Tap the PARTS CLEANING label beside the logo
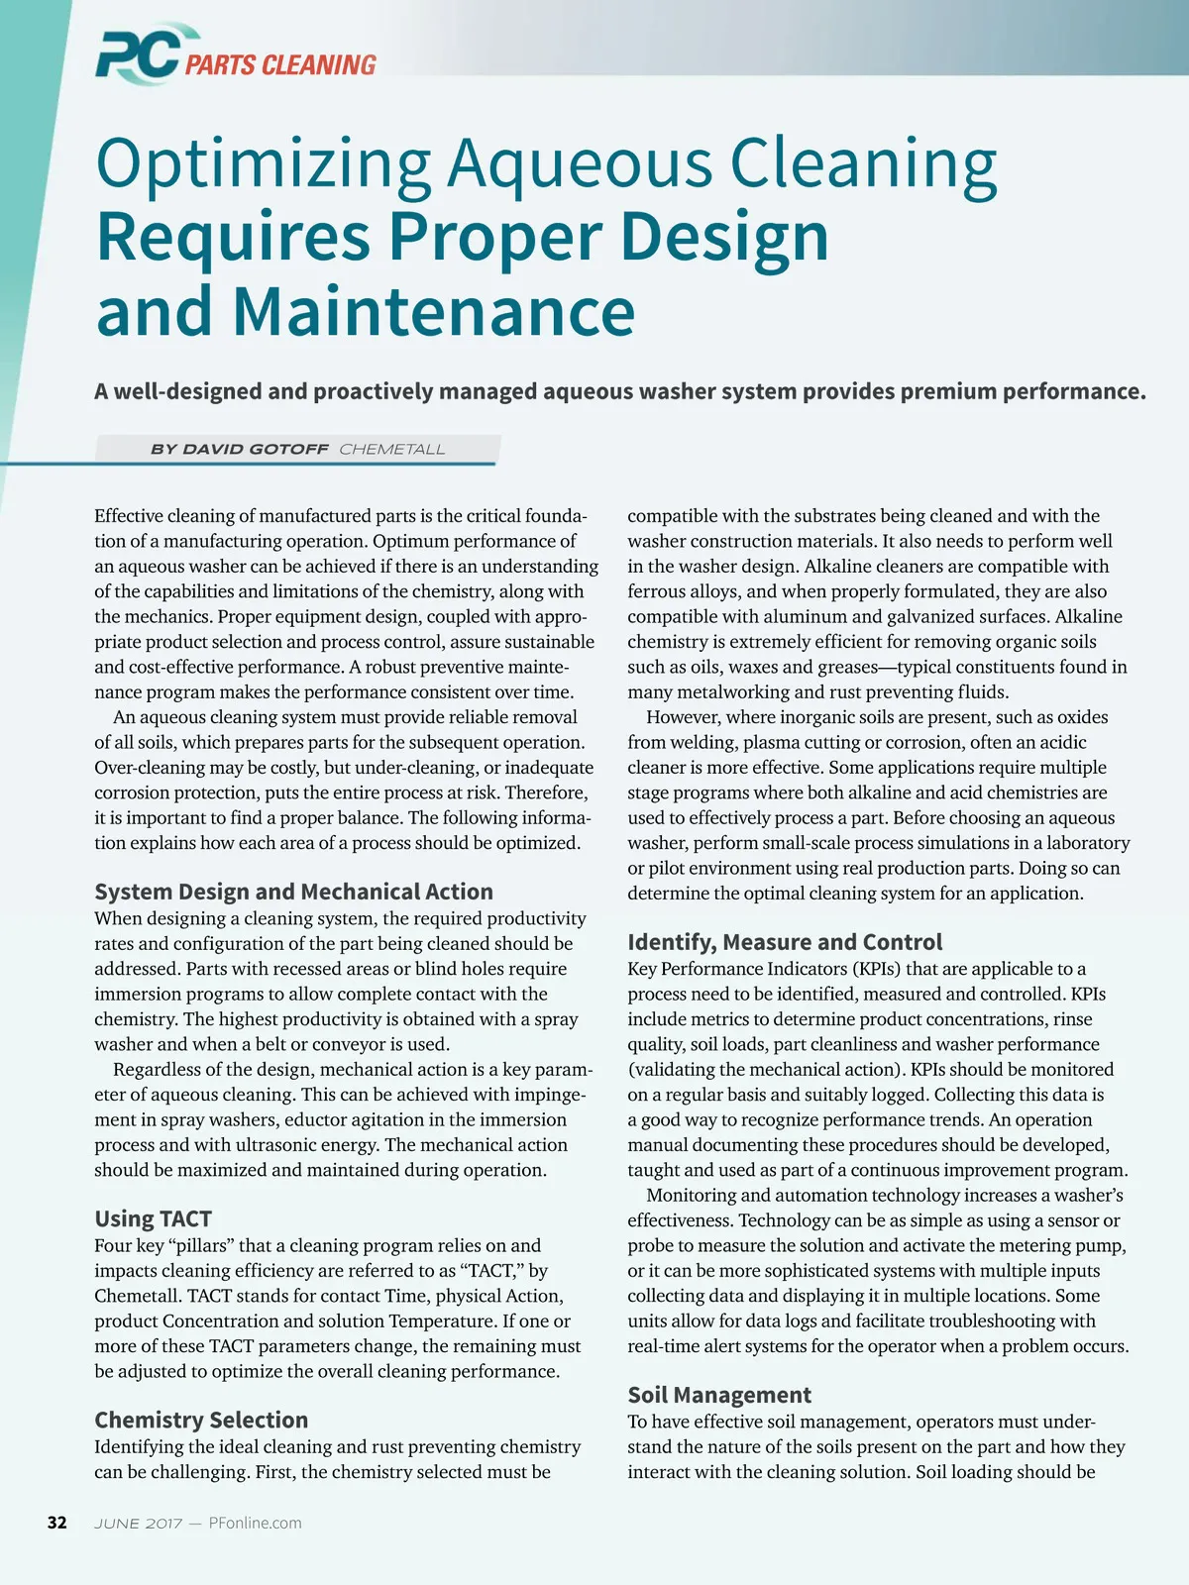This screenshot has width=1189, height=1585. [x=280, y=65]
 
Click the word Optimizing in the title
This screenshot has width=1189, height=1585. [x=264, y=164]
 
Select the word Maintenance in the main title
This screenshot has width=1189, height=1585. [x=434, y=311]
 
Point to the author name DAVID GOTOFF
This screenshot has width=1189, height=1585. [x=256, y=450]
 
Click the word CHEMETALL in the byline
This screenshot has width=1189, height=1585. [x=392, y=450]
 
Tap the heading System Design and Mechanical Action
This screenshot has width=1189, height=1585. [x=293, y=892]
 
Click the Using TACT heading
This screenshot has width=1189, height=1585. [x=153, y=1218]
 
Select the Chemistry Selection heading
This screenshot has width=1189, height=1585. [x=201, y=1420]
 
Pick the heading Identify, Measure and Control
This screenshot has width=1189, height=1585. [x=785, y=942]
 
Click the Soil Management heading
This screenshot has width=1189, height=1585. [x=719, y=1395]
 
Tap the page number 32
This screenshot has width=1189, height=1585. [x=57, y=1523]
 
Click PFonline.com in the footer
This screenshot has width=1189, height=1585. [x=255, y=1523]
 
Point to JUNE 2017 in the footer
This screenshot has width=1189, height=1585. [x=139, y=1523]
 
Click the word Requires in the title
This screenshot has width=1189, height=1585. [x=233, y=238]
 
